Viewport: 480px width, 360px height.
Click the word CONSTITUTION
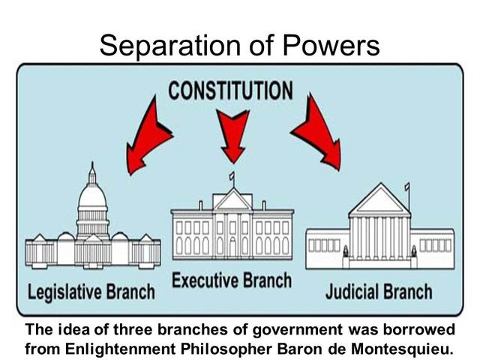[x=230, y=91]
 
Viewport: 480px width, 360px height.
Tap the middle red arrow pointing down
[x=234, y=134]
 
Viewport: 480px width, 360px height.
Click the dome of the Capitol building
[x=92, y=196]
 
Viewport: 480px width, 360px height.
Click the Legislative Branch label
[x=91, y=291]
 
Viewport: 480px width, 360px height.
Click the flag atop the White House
[x=231, y=178]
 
